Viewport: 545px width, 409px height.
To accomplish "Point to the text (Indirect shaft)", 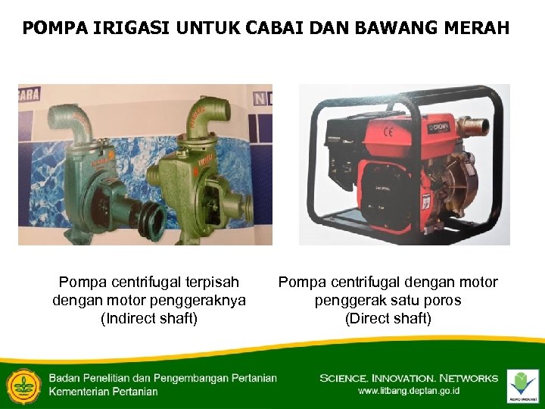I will (x=149, y=318).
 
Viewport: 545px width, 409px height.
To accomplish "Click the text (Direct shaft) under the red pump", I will (x=388, y=318).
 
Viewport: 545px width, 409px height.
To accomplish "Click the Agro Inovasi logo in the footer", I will (x=523, y=384).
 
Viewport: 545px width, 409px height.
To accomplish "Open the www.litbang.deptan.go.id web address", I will (x=409, y=391).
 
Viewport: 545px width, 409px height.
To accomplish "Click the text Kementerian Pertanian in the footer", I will (x=103, y=392).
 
